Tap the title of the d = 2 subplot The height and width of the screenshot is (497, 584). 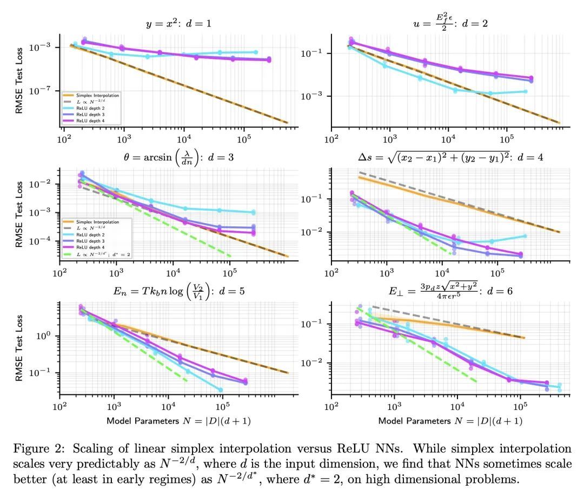pyautogui.click(x=446, y=24)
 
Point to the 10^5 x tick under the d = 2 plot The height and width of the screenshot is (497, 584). pyautogui.click(x=506, y=139)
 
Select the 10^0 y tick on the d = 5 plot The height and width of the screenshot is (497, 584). pyautogui.click(x=48, y=335)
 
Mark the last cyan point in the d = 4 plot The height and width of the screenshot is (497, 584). pyautogui.click(x=525, y=236)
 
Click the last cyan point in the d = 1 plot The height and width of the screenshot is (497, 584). pyautogui.click(x=256, y=52)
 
